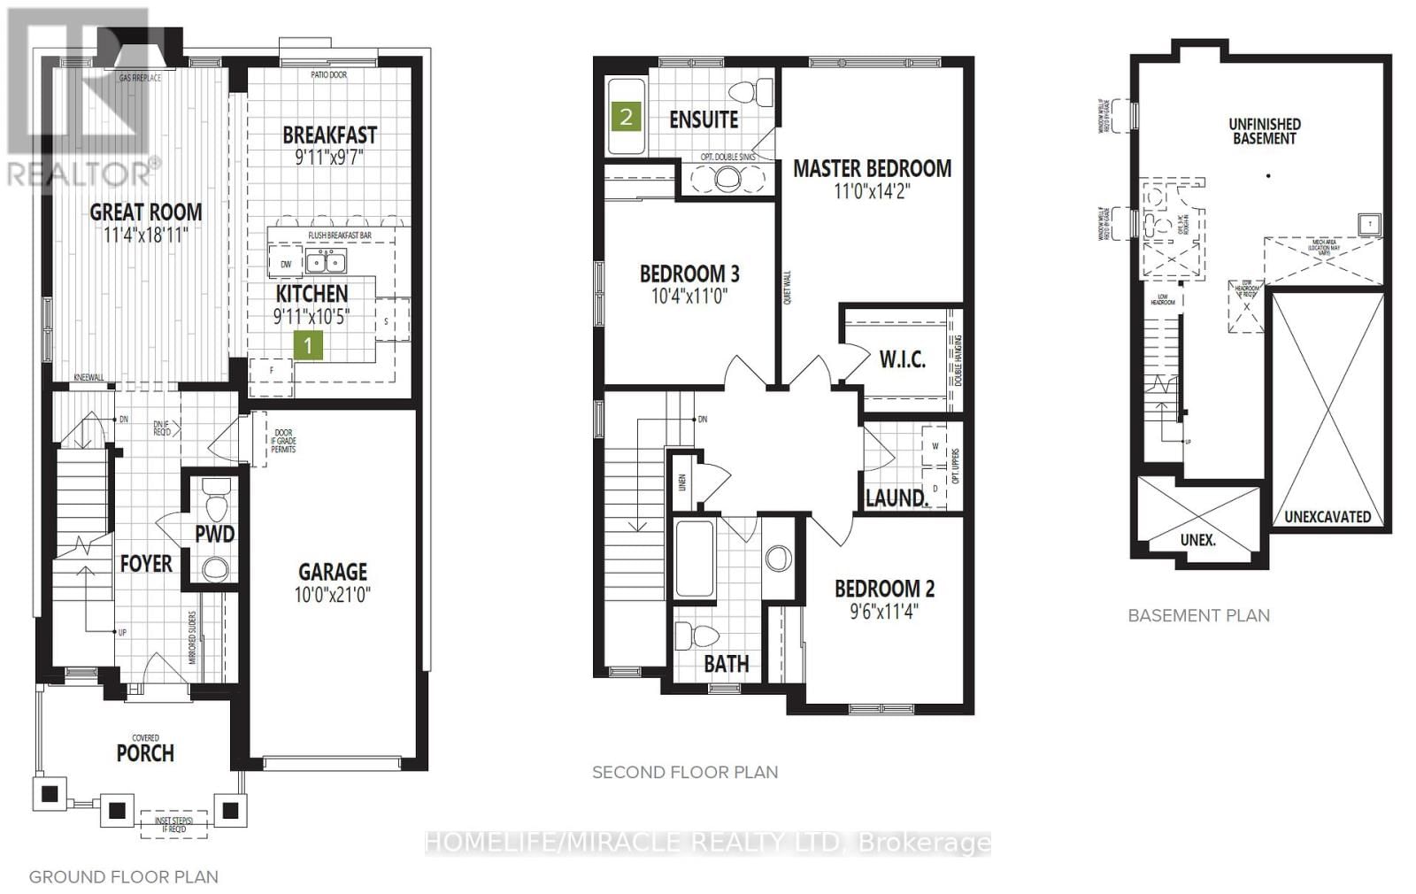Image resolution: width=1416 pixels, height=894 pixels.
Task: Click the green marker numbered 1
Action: pos(308,344)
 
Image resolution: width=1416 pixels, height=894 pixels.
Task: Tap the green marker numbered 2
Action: pos(627,116)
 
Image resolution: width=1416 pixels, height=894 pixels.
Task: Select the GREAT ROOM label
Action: pos(146,212)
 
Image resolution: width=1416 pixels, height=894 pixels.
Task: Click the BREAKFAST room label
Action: pos(329,135)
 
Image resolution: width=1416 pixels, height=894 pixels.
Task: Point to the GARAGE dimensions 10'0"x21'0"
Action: pos(333,594)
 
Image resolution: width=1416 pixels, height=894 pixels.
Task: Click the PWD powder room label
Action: pos(215,534)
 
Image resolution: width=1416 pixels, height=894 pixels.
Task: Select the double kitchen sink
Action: pos(326,261)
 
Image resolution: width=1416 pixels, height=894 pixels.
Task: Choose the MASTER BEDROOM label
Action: pos(872,168)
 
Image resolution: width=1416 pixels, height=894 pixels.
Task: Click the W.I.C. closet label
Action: pos(902,358)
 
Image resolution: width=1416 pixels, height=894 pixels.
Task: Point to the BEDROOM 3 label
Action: pos(689,274)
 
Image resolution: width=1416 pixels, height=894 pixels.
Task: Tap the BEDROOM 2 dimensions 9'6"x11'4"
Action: pos(884,611)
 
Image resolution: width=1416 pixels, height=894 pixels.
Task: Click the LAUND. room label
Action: pos(897,497)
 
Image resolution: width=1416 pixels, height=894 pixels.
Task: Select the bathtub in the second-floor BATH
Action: pos(694,559)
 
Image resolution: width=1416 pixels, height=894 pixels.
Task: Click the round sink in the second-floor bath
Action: pos(779,558)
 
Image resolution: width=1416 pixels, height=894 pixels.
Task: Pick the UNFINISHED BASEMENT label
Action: pos(1265,131)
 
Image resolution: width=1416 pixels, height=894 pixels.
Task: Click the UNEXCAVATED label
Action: pos(1327,516)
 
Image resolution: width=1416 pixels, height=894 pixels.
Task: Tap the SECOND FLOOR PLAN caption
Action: pos(685,772)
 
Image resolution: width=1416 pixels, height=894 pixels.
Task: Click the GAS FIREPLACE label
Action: pos(141,78)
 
